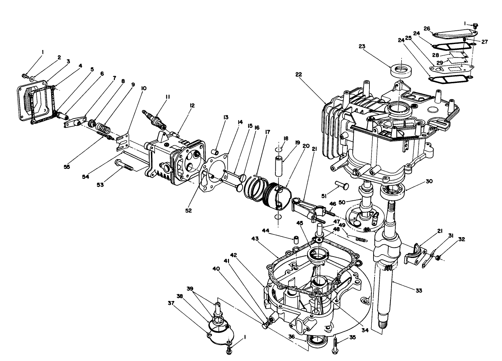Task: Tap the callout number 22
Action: [299, 74]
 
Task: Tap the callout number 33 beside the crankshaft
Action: [419, 290]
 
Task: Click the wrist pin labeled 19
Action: [279, 165]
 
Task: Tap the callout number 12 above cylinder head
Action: [192, 106]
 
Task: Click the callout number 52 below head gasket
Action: [188, 211]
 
